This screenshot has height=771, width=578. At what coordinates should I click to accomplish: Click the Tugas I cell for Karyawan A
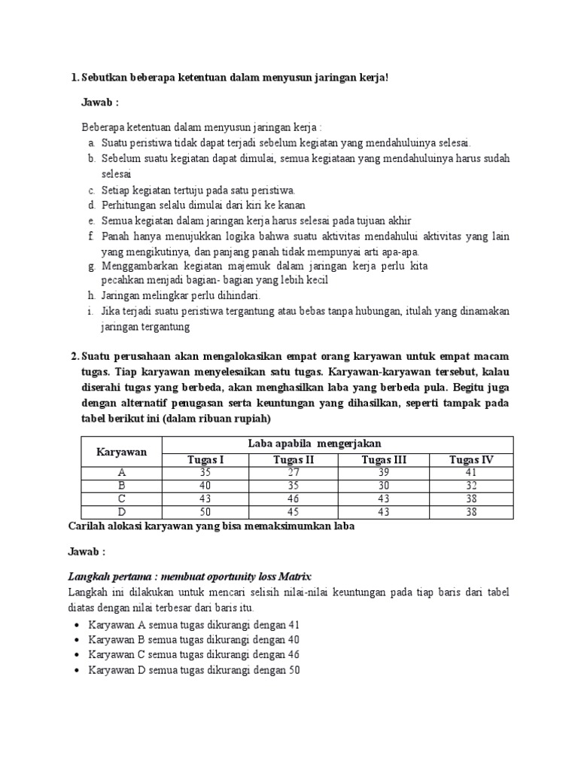(205, 473)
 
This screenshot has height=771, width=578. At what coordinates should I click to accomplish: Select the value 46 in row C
(294, 498)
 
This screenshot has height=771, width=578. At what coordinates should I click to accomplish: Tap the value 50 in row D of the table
(205, 511)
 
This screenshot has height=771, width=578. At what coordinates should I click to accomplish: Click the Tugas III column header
(383, 460)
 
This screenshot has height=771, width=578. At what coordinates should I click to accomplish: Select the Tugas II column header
(294, 460)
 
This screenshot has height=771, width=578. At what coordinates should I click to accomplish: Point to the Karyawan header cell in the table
(121, 452)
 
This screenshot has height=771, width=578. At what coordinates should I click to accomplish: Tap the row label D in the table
(121, 511)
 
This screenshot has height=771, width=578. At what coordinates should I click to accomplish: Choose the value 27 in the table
(294, 473)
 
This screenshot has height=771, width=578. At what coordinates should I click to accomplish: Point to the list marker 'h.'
(91, 296)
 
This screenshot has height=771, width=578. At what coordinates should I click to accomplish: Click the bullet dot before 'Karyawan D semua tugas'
(78, 671)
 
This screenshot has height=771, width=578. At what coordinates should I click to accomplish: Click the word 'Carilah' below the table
(87, 527)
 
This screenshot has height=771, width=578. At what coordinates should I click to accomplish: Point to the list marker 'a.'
(91, 143)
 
